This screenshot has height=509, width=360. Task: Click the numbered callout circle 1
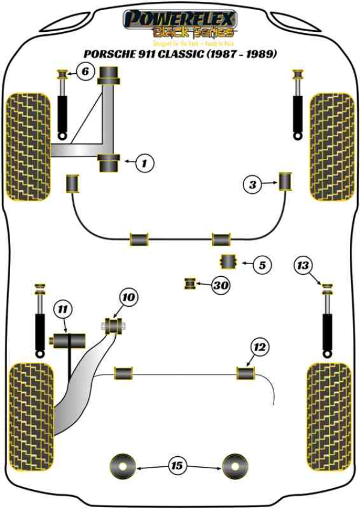tap(145, 161)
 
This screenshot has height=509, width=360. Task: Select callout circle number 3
tap(253, 185)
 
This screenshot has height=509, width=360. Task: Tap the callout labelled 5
tap(262, 264)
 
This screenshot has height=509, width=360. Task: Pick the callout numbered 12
tap(258, 346)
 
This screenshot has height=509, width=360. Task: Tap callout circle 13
tap(304, 265)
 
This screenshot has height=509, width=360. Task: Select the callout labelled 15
tap(176, 465)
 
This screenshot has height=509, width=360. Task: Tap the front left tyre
tap(28, 146)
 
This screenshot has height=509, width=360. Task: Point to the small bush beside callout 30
tap(191, 283)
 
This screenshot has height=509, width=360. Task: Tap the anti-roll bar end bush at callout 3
tap(286, 181)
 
